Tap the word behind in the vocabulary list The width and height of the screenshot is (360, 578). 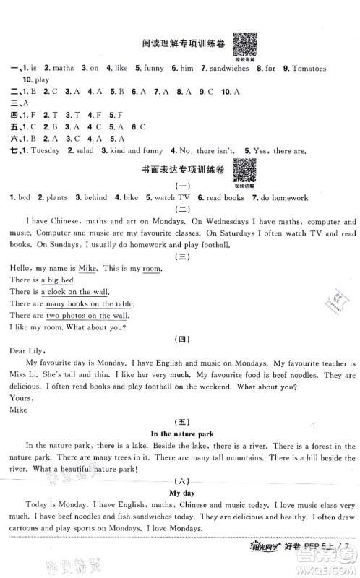95,197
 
